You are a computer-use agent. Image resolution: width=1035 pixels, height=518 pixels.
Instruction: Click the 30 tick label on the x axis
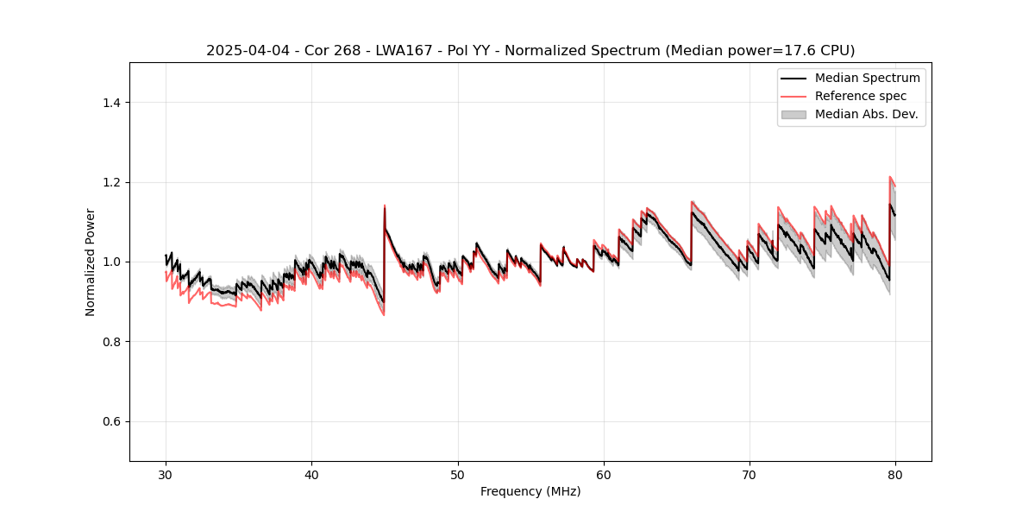(166, 475)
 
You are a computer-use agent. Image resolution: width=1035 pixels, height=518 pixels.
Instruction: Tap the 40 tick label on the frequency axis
(311, 475)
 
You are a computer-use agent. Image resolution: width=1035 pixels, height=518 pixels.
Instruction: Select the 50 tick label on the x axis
(458, 475)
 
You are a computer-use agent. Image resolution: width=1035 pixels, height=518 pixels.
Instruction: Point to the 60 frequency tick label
(604, 475)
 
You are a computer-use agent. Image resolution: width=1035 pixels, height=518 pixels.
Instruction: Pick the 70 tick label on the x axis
(750, 475)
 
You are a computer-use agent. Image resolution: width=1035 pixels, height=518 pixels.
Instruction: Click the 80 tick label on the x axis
(895, 475)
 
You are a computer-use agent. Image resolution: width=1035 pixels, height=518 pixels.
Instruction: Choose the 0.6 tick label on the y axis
(111, 421)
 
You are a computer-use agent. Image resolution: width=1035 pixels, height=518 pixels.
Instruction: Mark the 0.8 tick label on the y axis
(111, 342)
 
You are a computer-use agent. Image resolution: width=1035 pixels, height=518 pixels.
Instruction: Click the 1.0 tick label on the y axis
(111, 262)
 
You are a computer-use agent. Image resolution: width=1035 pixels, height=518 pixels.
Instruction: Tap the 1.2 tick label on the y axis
(111, 182)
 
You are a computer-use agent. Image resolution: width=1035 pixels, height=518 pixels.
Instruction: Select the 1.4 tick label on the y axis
(111, 103)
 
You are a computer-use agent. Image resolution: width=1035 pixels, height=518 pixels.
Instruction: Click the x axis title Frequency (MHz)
(530, 491)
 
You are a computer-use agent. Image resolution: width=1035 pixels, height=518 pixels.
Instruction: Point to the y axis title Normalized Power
(91, 262)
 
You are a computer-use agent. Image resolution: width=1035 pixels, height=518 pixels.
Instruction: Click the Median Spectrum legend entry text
(867, 78)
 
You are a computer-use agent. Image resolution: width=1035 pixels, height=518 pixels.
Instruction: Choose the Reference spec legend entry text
(861, 96)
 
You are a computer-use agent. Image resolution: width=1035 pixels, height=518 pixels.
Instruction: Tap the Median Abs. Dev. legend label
(866, 114)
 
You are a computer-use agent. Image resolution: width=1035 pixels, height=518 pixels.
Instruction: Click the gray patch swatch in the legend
(793, 114)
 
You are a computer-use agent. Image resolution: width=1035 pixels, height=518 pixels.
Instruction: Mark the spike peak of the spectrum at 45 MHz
(385, 206)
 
